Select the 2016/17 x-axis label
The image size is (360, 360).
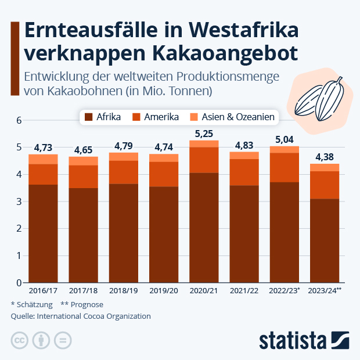(43, 290)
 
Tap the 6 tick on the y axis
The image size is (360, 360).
(19, 120)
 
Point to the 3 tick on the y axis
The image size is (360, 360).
(19, 201)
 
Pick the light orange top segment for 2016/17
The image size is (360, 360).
(43, 159)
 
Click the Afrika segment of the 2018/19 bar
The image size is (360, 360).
(123, 233)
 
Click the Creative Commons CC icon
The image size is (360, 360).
(20, 340)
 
